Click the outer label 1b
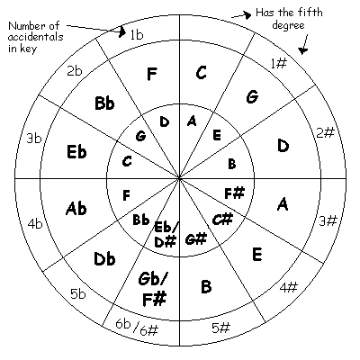[137, 35]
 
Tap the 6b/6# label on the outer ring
[137, 328]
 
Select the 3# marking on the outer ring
[328, 220]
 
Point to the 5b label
[77, 293]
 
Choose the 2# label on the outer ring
[325, 132]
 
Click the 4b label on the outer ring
[35, 224]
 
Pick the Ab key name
[76, 208]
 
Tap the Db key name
[104, 258]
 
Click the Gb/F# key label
[153, 288]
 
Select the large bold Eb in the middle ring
[76, 152]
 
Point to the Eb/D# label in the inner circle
[165, 235]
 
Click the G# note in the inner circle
[196, 239]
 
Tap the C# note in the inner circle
[222, 220]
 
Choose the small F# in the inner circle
[235, 193]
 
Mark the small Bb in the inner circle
[140, 220]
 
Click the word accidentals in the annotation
[36, 37]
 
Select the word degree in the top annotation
[288, 25]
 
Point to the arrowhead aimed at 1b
[121, 31]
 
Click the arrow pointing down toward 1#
[305, 44]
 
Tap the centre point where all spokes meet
[179, 179]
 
